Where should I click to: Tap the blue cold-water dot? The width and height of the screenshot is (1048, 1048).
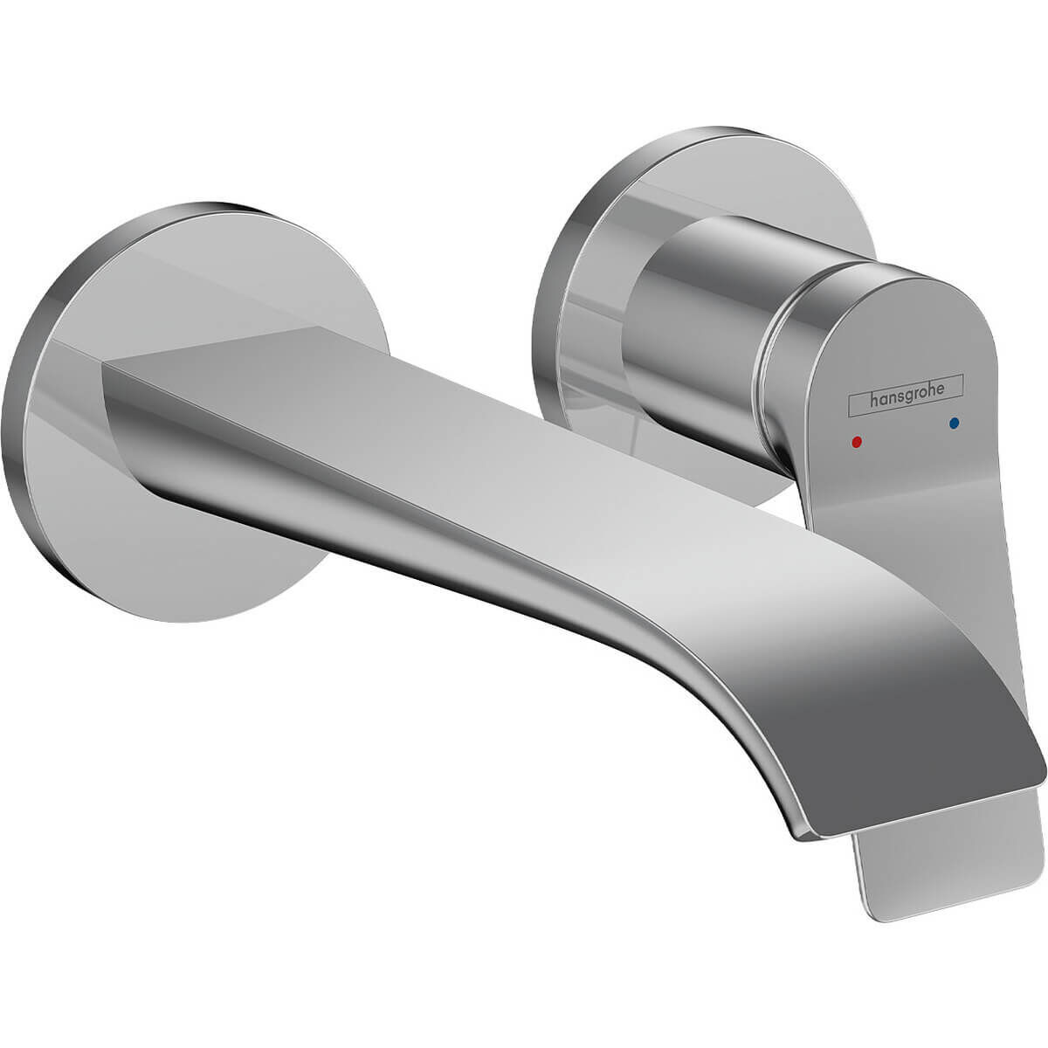click(x=956, y=423)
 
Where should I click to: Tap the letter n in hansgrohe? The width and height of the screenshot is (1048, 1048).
click(x=892, y=400)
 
